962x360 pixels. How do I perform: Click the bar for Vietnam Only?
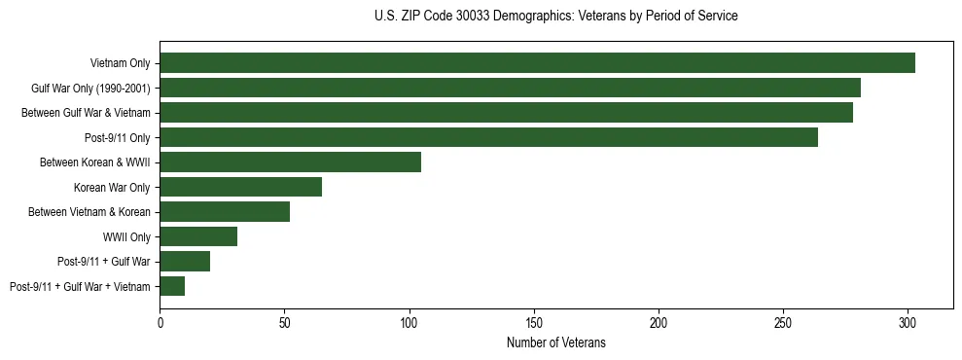537,63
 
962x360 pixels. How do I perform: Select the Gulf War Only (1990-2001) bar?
510,89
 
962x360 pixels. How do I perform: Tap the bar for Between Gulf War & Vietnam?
506,113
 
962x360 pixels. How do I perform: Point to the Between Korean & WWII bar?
290,162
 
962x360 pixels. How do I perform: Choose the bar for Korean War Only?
240,187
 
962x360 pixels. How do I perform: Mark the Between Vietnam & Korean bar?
225,212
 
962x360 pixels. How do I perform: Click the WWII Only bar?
198,236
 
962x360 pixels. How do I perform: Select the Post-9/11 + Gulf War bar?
185,262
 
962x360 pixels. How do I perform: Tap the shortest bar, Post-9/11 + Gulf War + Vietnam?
172,286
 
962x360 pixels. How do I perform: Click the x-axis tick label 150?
534,321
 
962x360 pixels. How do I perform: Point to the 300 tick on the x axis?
908,321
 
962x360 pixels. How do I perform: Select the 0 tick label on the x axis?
160,321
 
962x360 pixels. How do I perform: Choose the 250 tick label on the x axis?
783,321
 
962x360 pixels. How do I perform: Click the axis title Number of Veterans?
555,342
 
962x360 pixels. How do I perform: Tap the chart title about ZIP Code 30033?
555,17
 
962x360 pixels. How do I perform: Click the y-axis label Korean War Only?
112,187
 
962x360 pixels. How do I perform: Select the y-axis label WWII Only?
126,236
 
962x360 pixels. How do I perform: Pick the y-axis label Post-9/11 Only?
118,138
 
